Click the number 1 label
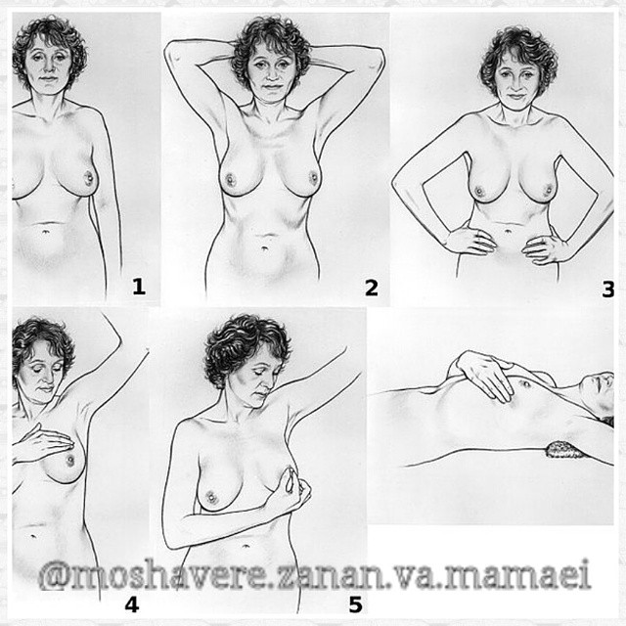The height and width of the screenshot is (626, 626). [139, 287]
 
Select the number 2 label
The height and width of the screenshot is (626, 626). [372, 288]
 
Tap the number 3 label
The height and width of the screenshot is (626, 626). [607, 290]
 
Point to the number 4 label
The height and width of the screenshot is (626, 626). [132, 604]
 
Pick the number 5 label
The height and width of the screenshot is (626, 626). [355, 604]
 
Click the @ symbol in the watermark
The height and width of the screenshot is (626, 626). [55, 575]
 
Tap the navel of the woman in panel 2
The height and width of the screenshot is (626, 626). [265, 248]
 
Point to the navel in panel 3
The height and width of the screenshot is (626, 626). [508, 231]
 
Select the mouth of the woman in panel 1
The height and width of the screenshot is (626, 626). [48, 78]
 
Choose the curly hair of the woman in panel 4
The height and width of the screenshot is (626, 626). [40, 343]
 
